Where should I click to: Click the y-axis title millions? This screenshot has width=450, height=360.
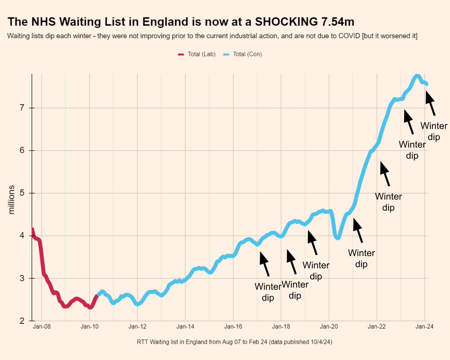(12, 200)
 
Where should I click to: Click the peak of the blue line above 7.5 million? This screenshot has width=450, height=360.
(417, 76)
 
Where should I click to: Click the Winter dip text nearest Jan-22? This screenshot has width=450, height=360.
(388, 202)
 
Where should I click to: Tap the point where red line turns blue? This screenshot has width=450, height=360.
(97, 296)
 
